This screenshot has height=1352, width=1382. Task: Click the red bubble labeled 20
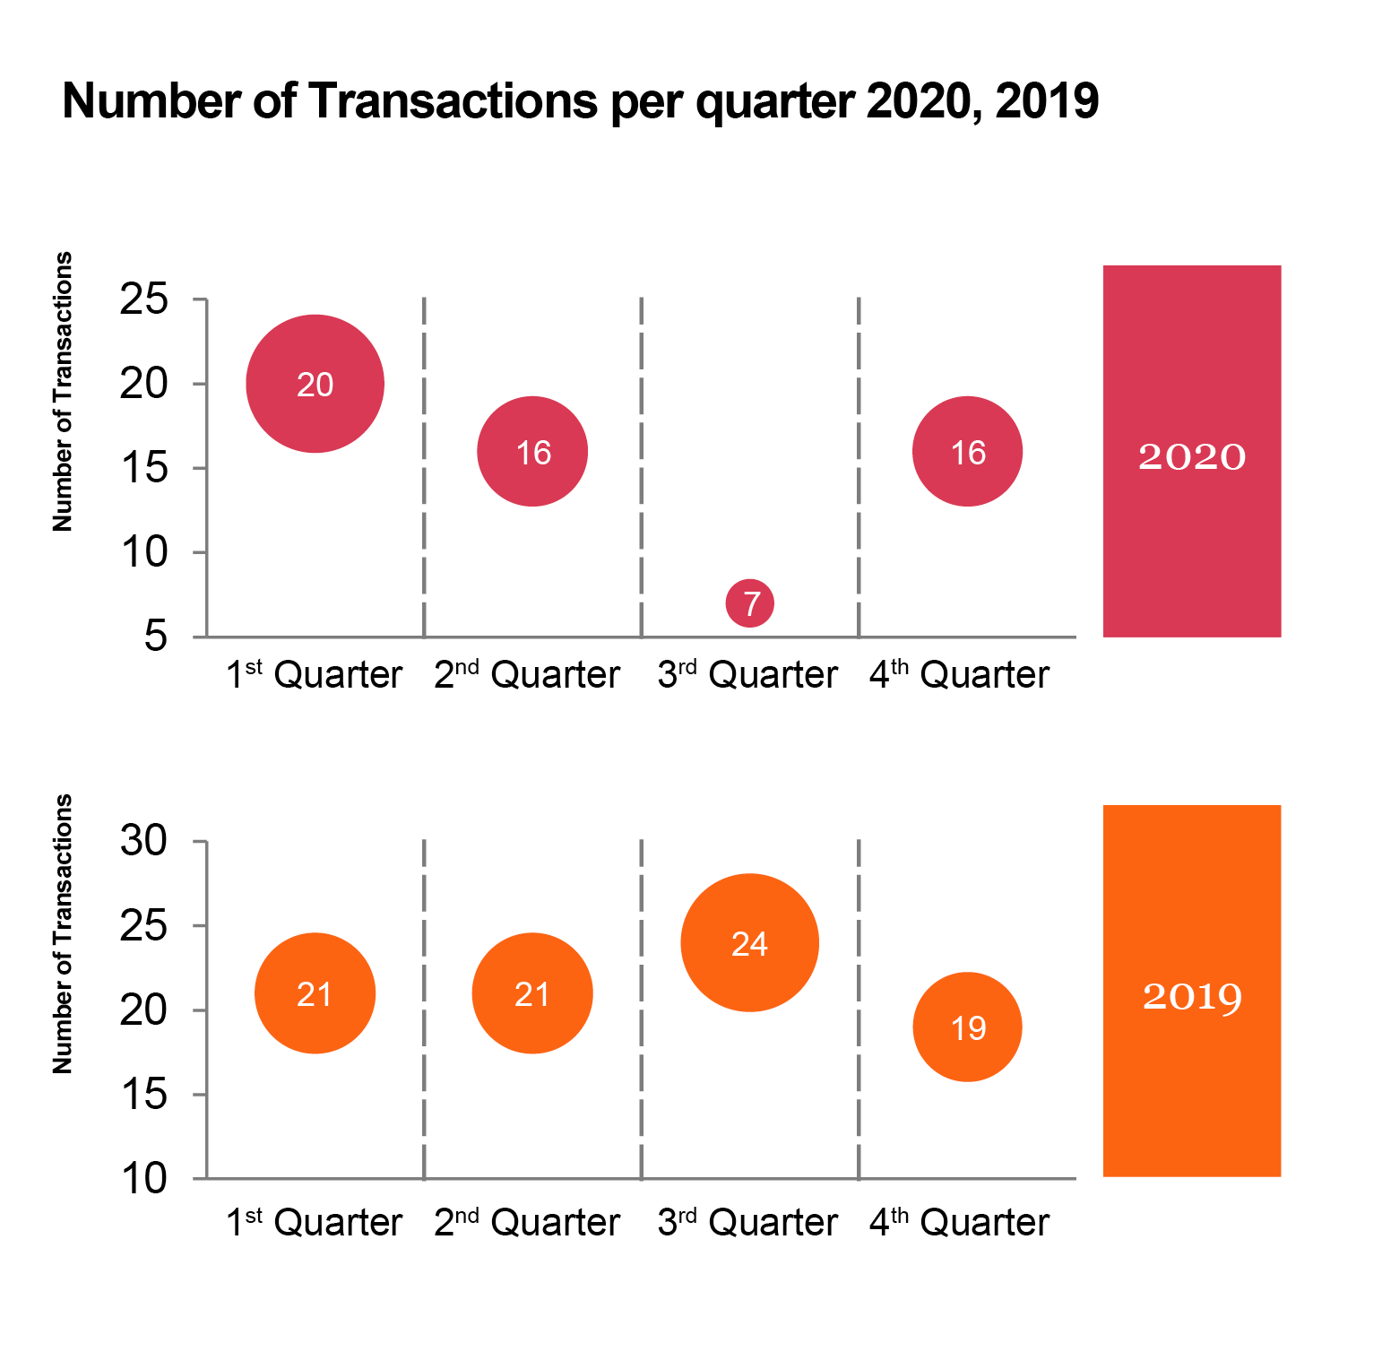pyautogui.click(x=315, y=384)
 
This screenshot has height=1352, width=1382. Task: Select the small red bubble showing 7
pyautogui.click(x=750, y=603)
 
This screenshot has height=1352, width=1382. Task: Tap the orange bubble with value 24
pyautogui.click(x=749, y=943)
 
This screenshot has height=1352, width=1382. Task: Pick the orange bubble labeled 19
pyautogui.click(x=967, y=1027)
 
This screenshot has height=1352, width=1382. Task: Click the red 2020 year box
pyautogui.click(x=1191, y=451)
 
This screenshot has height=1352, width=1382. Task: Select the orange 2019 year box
pyautogui.click(x=1191, y=991)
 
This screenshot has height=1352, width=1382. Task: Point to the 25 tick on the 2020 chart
pyautogui.click(x=144, y=299)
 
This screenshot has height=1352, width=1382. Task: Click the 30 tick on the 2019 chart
pyautogui.click(x=144, y=842)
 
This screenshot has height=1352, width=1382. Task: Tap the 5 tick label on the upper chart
pyautogui.click(x=155, y=637)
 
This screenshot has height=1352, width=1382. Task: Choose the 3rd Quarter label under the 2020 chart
pyautogui.click(x=747, y=675)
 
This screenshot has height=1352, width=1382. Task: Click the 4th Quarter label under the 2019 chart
pyautogui.click(x=958, y=1223)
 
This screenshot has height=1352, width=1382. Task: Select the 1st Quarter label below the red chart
pyautogui.click(x=314, y=675)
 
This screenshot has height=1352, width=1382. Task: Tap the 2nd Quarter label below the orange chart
pyautogui.click(x=527, y=1223)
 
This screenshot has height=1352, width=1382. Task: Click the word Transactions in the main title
pyautogui.click(x=453, y=100)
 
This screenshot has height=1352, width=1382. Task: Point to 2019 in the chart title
pyautogui.click(x=1046, y=100)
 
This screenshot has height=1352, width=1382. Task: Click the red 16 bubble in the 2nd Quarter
pyautogui.click(x=532, y=452)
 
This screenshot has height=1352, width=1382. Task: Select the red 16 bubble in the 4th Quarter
pyautogui.click(x=967, y=452)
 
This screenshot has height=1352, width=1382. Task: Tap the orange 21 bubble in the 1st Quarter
pyautogui.click(x=315, y=993)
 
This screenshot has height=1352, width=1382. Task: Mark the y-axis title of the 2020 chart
pyautogui.click(x=62, y=392)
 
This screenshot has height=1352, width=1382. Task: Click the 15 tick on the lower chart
pyautogui.click(x=144, y=1095)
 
